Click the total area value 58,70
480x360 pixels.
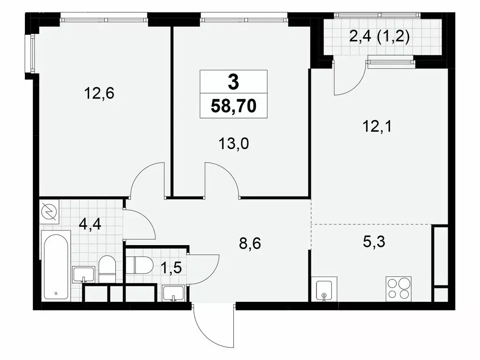[233, 106]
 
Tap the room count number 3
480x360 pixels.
[233, 82]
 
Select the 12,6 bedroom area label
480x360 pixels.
[99, 94]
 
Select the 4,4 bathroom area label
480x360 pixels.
[90, 223]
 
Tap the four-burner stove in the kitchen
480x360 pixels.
[398, 289]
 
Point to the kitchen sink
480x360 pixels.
[324, 290]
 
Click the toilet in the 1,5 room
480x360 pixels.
[139, 265]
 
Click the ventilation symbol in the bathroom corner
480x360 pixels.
[49, 212]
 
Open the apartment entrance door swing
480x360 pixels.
[213, 323]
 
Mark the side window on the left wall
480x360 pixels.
[32, 52]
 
